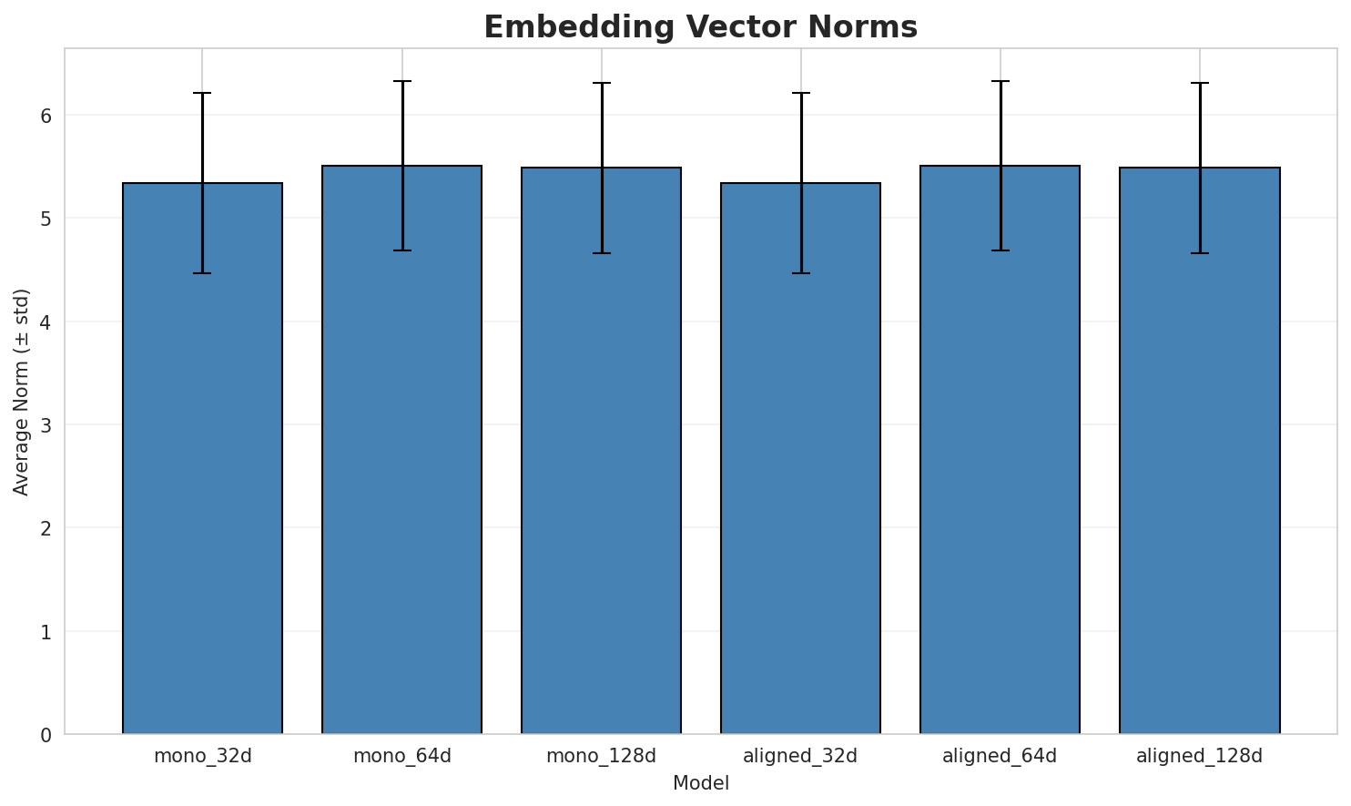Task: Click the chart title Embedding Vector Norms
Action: coord(700,27)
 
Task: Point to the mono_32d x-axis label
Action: coord(202,756)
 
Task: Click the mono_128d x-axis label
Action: coord(601,756)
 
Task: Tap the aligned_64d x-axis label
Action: coord(1000,756)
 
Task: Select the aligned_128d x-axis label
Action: coord(1200,756)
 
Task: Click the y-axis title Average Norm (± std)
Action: coord(22,392)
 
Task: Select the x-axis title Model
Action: coord(700,784)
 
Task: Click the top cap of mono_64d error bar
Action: coord(401,81)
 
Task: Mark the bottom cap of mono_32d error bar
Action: coord(202,273)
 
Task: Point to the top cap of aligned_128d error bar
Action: coord(1200,83)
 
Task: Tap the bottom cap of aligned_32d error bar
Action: coord(800,273)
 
